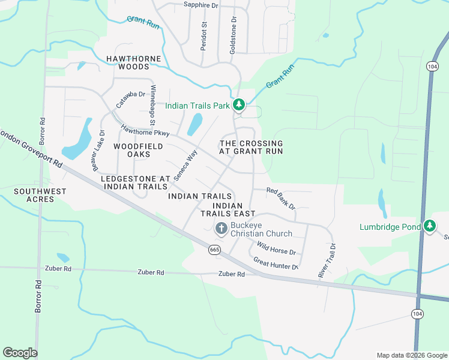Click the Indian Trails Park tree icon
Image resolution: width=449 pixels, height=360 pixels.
[x=239, y=105]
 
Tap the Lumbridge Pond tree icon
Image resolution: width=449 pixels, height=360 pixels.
[x=429, y=226]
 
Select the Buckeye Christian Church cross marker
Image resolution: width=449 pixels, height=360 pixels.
[x=221, y=228]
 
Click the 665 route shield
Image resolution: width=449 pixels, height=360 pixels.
[x=215, y=249]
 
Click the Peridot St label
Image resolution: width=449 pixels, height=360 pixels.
[x=203, y=36]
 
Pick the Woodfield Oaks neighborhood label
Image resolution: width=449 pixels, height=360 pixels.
[x=131, y=150]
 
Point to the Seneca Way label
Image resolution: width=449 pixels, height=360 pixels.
[x=185, y=165]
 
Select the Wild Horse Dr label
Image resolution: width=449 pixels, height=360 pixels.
[x=276, y=248]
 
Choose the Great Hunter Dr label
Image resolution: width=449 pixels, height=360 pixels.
[x=276, y=263]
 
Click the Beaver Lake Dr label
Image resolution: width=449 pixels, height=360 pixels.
[x=98, y=151]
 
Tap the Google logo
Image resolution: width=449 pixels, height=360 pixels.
[x=20, y=353]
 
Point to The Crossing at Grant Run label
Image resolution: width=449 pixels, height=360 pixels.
[x=251, y=148]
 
